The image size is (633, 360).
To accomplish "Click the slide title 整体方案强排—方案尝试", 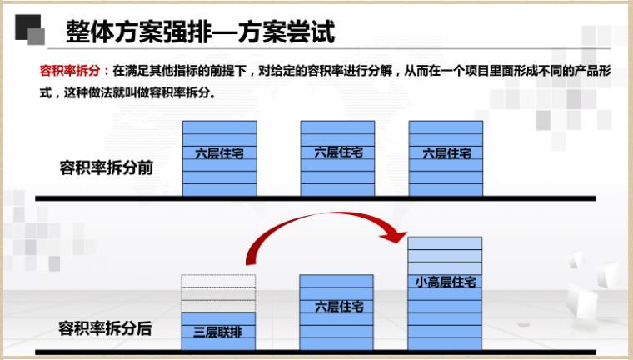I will pos(200,34).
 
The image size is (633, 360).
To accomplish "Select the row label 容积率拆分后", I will pos(106,327).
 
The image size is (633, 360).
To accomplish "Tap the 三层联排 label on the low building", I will pos(218,331).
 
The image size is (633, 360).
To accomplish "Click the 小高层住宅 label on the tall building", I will pos(446,282).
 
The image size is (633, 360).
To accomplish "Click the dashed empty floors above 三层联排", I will pos(218,292).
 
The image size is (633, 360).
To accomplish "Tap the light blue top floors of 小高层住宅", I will pos(446,251).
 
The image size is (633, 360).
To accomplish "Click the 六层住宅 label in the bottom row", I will pos(338,307).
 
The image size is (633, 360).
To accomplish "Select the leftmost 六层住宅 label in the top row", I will pos(219,153).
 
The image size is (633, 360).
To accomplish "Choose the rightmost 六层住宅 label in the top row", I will pos(446,153).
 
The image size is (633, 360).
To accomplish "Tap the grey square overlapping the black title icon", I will pos(37,36).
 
